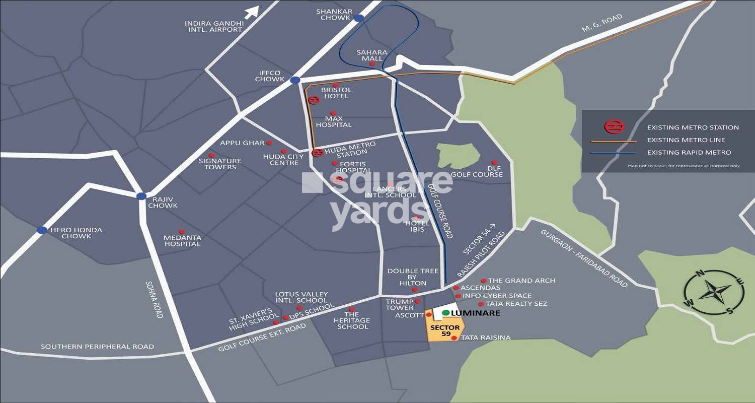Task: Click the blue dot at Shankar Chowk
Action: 358,18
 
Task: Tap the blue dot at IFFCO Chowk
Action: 295,80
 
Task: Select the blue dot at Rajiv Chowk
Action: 141,196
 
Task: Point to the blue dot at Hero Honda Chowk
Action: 42,230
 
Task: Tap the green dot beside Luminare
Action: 445,313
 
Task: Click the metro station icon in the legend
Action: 614,127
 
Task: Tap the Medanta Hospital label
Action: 182,241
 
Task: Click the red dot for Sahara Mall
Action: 372,64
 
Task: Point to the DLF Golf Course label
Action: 476,171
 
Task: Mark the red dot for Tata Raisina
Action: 454,338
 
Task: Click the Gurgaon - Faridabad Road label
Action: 584,258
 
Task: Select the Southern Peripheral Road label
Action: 97,347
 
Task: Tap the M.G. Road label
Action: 602,23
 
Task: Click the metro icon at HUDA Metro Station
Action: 317,153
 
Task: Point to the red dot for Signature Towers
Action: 211,155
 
